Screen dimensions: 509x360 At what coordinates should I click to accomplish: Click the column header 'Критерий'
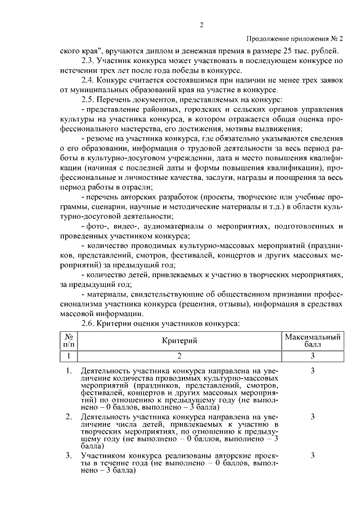click(x=179, y=340)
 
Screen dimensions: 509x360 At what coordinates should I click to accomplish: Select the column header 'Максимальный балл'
click(x=312, y=340)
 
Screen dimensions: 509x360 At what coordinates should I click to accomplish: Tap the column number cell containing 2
click(x=179, y=356)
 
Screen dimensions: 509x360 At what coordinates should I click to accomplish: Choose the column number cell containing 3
click(x=312, y=356)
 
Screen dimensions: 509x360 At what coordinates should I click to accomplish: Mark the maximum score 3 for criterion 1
click(x=312, y=371)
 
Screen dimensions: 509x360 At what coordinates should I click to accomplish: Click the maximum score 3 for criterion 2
click(x=312, y=417)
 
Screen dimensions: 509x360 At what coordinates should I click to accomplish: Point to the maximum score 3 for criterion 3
click(x=312, y=454)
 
